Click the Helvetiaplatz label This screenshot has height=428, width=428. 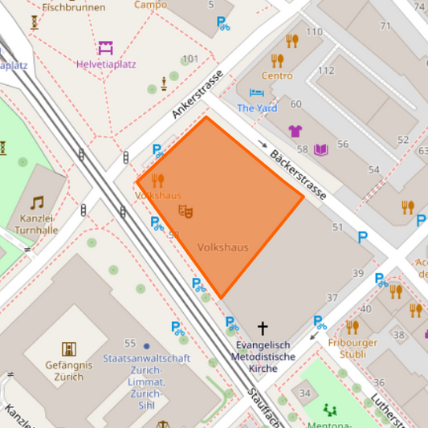(105, 64)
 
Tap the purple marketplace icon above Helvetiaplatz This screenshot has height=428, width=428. (105, 47)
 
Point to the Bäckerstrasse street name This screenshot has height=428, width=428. (297, 173)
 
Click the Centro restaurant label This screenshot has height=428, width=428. (277, 75)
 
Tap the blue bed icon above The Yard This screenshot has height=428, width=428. (256, 93)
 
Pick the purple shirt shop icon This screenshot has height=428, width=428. (295, 131)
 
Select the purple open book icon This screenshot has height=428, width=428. (321, 150)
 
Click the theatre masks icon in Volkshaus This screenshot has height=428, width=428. (185, 212)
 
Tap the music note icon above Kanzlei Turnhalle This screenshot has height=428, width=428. (37, 202)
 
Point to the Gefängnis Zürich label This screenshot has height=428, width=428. (69, 370)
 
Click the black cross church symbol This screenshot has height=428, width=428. (262, 328)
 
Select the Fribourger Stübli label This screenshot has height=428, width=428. (353, 349)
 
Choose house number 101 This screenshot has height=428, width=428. (190, 59)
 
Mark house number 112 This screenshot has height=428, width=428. (325, 71)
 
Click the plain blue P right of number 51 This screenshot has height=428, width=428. (363, 237)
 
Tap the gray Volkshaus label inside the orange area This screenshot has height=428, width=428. (222, 247)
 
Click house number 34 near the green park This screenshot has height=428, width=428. (304, 393)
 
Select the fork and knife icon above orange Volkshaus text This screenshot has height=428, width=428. (157, 181)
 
